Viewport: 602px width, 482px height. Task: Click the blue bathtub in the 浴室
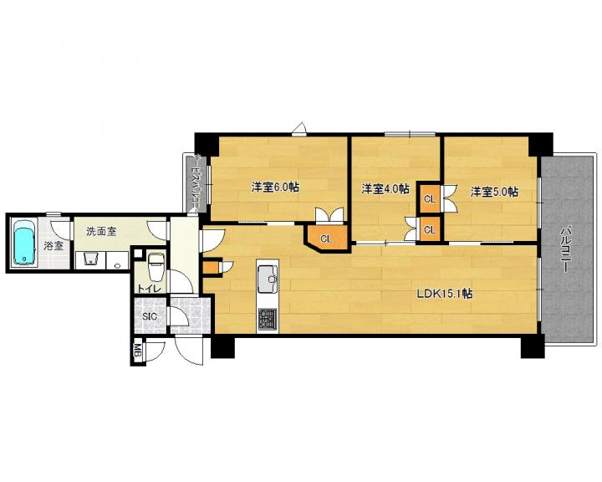click(x=24, y=243)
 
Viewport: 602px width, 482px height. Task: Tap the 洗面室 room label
click(x=101, y=232)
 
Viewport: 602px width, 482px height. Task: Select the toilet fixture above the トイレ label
click(x=156, y=267)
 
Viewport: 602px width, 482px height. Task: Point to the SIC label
click(x=150, y=316)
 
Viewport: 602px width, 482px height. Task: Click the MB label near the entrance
click(x=137, y=351)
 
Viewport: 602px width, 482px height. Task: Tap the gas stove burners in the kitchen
click(x=268, y=319)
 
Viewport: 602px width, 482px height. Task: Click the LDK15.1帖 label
click(x=445, y=294)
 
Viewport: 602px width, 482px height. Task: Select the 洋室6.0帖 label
click(x=275, y=187)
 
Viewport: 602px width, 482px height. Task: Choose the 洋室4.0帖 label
click(x=385, y=189)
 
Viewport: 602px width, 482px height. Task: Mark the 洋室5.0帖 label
click(x=494, y=192)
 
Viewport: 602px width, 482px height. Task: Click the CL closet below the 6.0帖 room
click(x=326, y=239)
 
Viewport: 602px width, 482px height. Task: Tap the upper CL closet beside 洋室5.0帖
click(x=430, y=199)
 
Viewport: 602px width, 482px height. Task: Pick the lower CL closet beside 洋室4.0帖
click(x=430, y=230)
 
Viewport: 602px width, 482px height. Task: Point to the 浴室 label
click(x=53, y=246)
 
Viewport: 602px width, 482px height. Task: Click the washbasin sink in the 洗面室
click(x=90, y=259)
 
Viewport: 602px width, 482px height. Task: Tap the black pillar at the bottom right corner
click(x=533, y=346)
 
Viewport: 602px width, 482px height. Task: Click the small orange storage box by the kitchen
click(x=209, y=268)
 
